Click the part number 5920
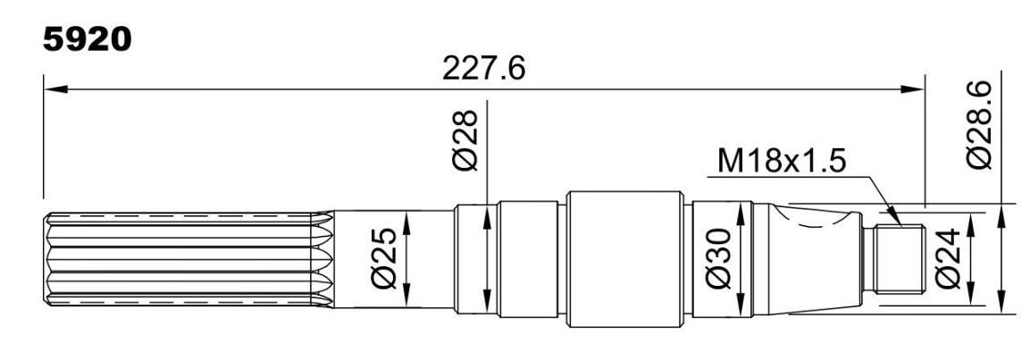(88, 40)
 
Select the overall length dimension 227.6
(483, 68)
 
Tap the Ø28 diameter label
(466, 140)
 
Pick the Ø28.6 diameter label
(979, 125)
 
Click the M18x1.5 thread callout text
(781, 161)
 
